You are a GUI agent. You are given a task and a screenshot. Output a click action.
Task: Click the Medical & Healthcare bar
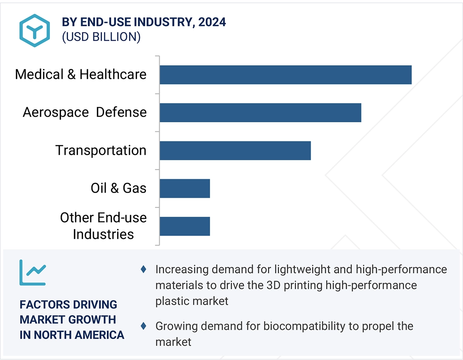pyautogui.click(x=285, y=75)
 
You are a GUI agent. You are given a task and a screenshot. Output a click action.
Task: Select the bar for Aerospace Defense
pyautogui.click(x=260, y=113)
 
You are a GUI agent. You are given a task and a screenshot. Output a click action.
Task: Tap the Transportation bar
pyautogui.click(x=235, y=151)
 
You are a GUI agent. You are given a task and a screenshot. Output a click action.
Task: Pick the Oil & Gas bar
pyautogui.click(x=185, y=188)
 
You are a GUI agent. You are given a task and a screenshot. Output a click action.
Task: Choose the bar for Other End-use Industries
pyautogui.click(x=185, y=226)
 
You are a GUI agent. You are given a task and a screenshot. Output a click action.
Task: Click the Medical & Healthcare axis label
pyautogui.click(x=81, y=74)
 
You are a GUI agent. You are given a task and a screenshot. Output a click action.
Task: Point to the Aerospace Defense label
pyautogui.click(x=85, y=112)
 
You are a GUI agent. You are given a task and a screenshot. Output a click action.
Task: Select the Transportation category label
pyautogui.click(x=101, y=150)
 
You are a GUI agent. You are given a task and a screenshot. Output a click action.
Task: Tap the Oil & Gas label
pyautogui.click(x=119, y=188)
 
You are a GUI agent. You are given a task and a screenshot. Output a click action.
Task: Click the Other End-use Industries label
pyautogui.click(x=104, y=226)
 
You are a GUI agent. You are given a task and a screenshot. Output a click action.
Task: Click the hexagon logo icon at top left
pyautogui.click(x=35, y=30)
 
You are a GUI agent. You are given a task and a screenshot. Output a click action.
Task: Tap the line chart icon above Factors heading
pyautogui.click(x=33, y=273)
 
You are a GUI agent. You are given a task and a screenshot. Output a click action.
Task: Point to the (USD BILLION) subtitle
pyautogui.click(x=101, y=37)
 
